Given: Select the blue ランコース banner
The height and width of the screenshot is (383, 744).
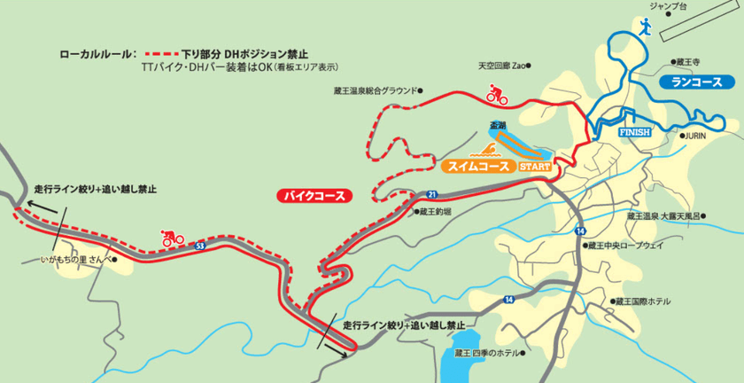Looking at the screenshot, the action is [x=697, y=82].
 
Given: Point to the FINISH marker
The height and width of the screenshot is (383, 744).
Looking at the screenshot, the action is [x=634, y=131].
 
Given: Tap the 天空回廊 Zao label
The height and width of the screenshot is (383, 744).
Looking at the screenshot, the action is [x=502, y=65].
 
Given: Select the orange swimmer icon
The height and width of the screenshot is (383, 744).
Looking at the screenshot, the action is [x=489, y=150].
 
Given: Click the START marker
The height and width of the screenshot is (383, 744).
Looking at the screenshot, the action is [x=534, y=166].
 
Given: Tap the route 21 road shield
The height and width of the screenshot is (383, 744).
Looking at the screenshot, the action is [x=431, y=192].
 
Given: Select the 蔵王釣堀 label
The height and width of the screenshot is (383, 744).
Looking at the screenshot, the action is [x=436, y=212].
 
